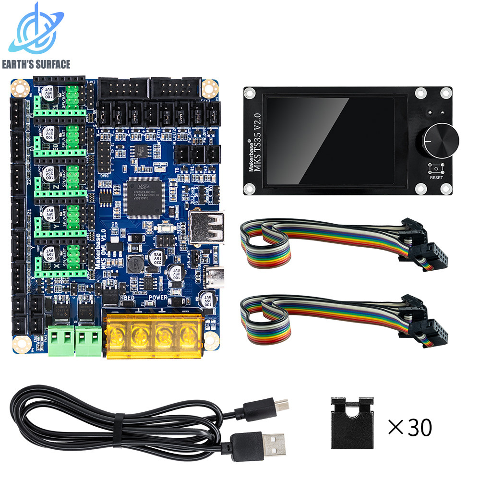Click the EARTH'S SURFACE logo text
pyautogui.click(x=36, y=64)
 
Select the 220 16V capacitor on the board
pyautogui.click(x=157, y=258)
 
